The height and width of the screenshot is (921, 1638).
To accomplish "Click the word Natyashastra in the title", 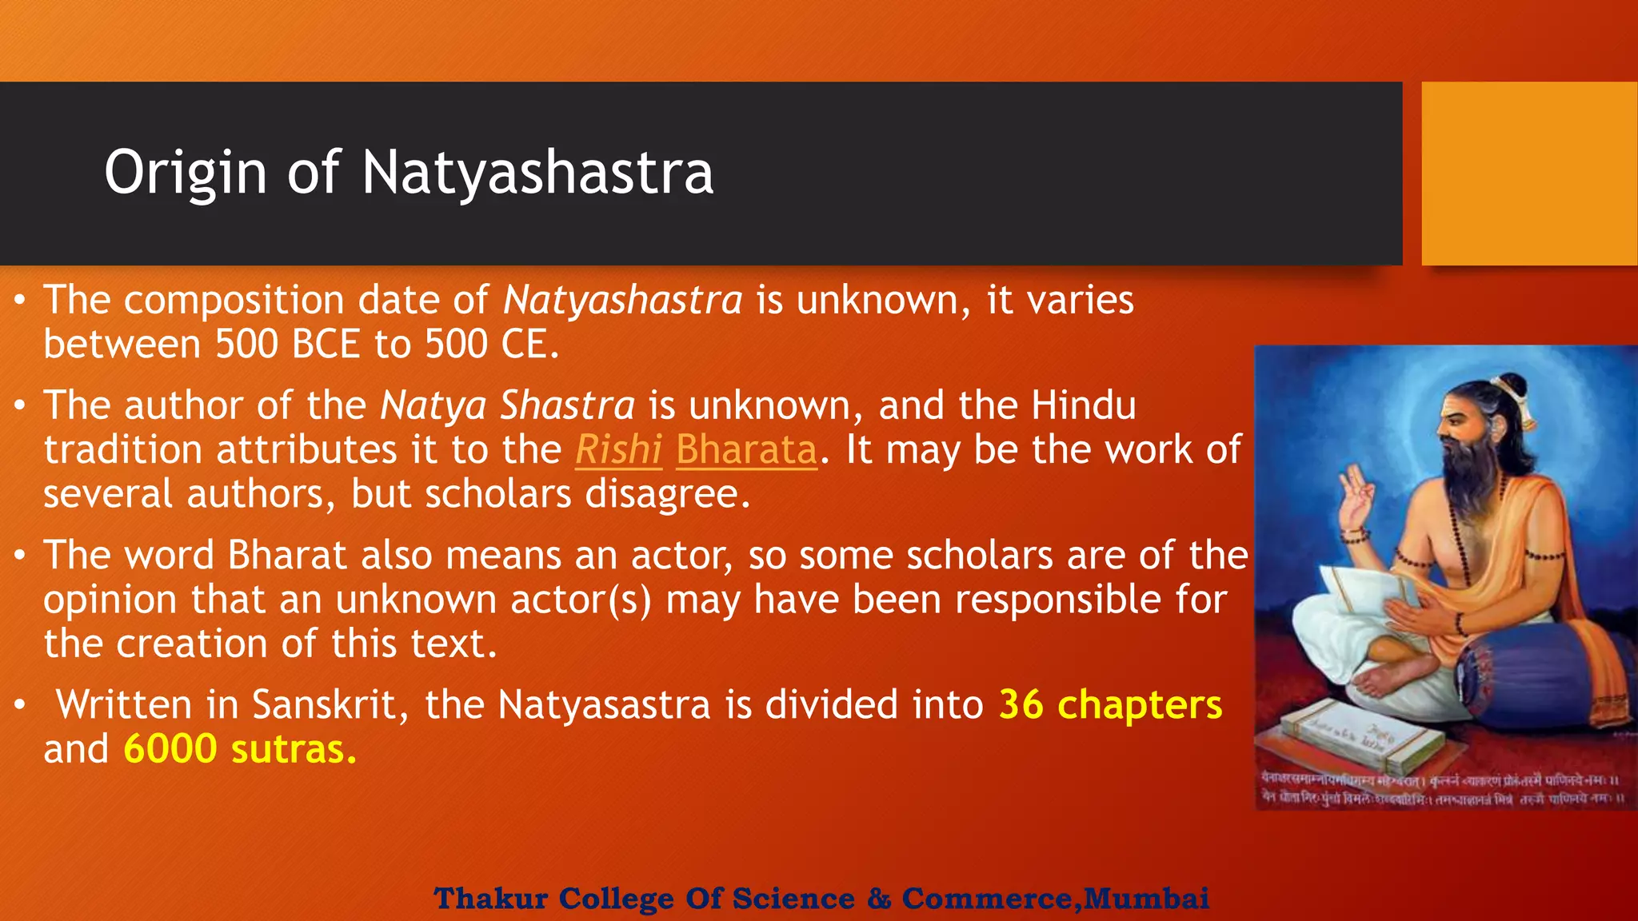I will click(x=537, y=173).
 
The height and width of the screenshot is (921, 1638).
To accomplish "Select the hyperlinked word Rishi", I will click(x=618, y=450).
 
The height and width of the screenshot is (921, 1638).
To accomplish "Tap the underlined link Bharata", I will click(x=746, y=450).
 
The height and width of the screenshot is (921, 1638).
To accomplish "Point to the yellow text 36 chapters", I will click(x=1110, y=705).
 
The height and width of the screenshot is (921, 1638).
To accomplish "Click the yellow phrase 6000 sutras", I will click(x=240, y=750).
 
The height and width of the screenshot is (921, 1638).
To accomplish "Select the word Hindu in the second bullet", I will click(x=1083, y=405).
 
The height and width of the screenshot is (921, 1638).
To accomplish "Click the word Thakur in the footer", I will click(x=490, y=899).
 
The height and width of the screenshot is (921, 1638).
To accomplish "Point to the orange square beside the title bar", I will click(x=1529, y=173).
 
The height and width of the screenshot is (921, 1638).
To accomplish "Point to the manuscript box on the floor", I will click(x=1352, y=736).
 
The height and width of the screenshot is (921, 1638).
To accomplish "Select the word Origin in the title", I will click(x=185, y=173).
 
